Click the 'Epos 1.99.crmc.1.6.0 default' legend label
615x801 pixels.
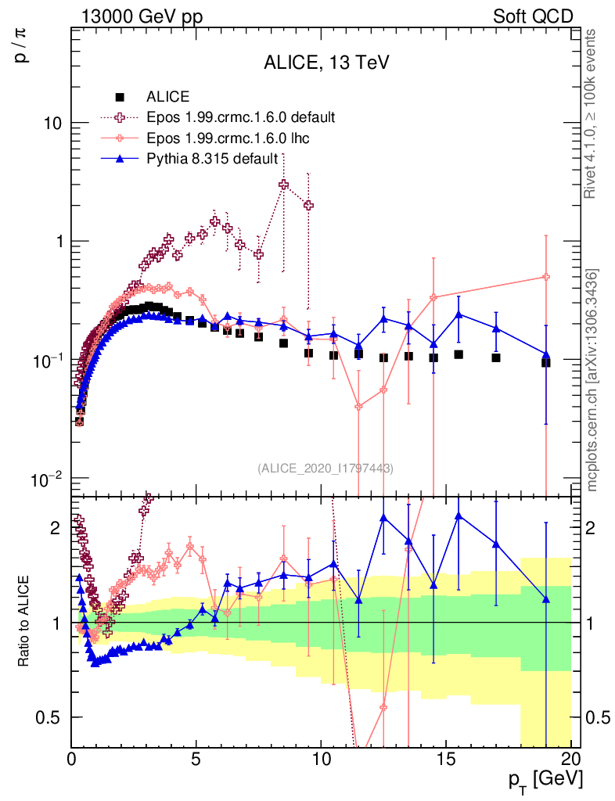point(241,118)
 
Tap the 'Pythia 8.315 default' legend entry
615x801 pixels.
point(212,159)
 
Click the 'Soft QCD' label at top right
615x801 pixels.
point(533,16)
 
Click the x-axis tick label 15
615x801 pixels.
point(446,759)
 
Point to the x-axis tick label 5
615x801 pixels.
point(196,759)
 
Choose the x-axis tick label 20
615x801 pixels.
point(570,759)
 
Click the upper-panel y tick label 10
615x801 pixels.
point(54,124)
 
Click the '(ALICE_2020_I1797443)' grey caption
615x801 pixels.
point(325,469)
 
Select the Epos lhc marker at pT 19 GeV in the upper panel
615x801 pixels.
point(546,277)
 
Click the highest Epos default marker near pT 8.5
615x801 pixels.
point(283,185)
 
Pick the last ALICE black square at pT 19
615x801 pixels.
point(546,362)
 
